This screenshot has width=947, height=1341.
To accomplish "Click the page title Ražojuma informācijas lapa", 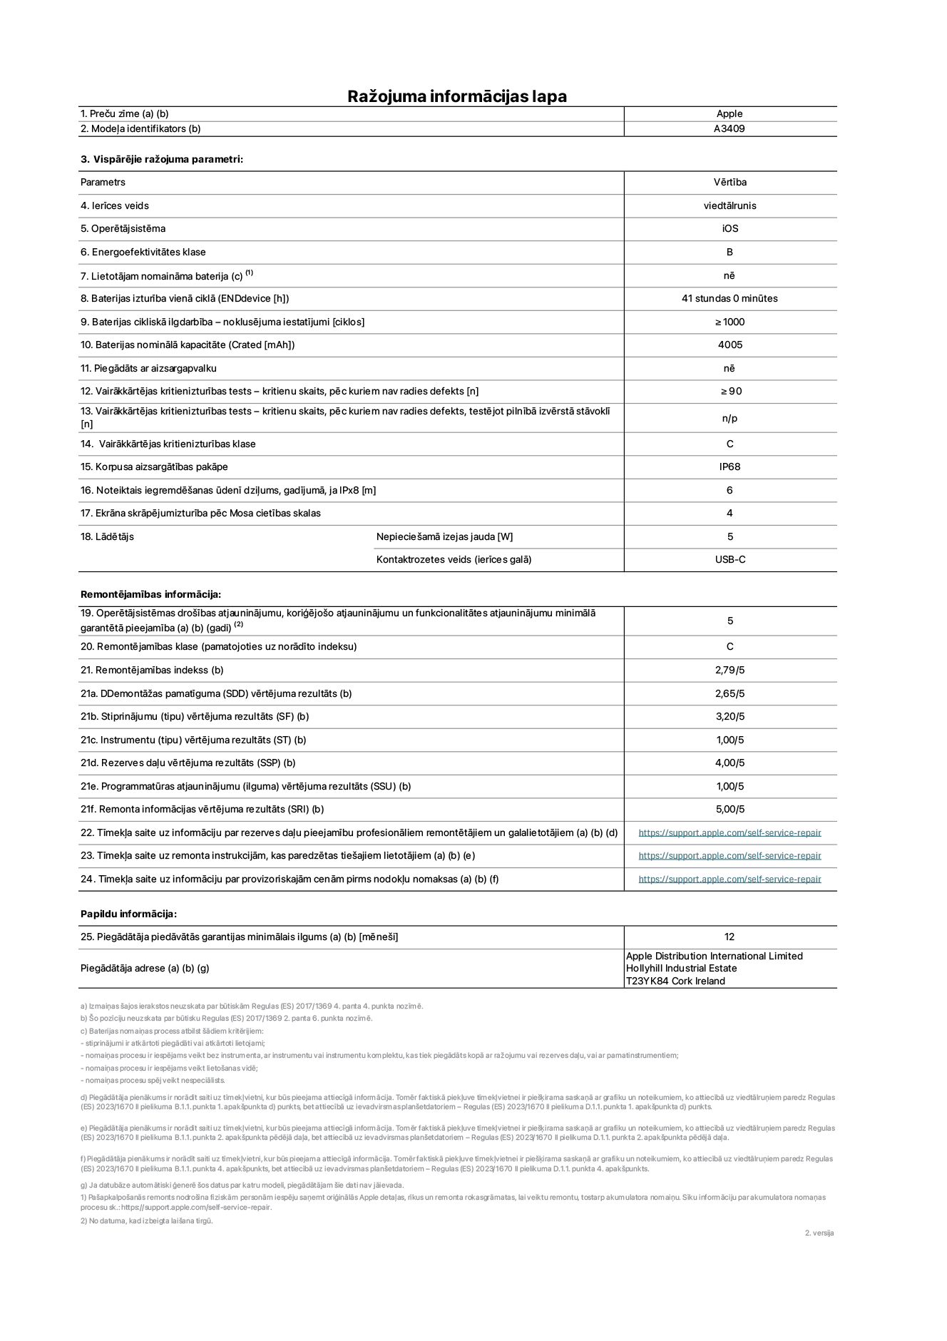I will tap(456, 96).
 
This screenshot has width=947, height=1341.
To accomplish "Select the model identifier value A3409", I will tap(729, 129).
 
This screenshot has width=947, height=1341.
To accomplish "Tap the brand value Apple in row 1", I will tap(729, 113).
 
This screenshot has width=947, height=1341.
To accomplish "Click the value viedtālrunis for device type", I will tap(730, 205).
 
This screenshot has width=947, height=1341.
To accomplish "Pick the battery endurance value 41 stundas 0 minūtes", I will tap(730, 298).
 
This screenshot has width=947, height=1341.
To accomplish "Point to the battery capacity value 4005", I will tap(730, 345).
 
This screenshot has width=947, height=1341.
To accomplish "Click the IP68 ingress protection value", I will tap(730, 466).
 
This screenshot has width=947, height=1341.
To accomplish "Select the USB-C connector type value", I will tap(730, 559).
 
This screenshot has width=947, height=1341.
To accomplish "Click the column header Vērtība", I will tap(730, 182).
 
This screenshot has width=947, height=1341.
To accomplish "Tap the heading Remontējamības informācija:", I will tap(150, 594).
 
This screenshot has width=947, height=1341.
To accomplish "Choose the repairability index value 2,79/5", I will tap(730, 670).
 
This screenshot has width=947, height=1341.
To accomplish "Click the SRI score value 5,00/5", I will tap(730, 809).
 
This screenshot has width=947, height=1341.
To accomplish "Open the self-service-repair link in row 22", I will tap(730, 832).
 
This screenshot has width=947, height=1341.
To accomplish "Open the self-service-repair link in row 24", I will tap(730, 879).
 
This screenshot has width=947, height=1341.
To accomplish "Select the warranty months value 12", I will tap(729, 937).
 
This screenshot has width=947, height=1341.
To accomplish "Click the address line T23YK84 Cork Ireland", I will tap(675, 981).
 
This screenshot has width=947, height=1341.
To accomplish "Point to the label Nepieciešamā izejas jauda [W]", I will tap(444, 536).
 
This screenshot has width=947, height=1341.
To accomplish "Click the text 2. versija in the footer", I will tap(819, 1233).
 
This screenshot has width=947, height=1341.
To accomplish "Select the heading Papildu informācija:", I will tap(128, 914).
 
